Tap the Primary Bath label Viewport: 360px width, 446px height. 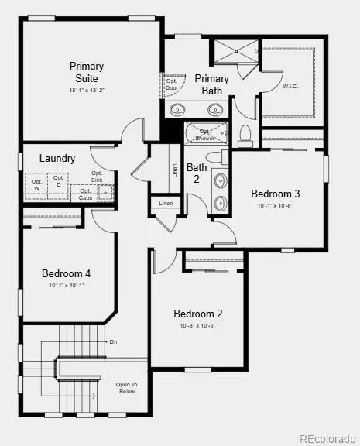click(x=211, y=84)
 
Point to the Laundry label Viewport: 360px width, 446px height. click(x=58, y=158)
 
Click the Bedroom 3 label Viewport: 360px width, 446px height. click(x=275, y=194)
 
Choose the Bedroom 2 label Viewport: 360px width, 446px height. click(x=197, y=314)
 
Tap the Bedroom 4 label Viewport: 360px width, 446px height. click(x=66, y=273)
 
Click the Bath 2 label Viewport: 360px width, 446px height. click(x=197, y=172)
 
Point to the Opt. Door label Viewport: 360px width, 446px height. click(x=170, y=83)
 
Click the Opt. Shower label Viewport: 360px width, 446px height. click(x=205, y=134)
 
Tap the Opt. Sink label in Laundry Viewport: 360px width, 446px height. click(x=97, y=177)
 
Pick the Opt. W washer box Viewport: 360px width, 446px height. click(x=36, y=185)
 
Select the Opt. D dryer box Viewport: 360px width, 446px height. click(x=57, y=184)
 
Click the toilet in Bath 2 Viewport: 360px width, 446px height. click(x=246, y=136)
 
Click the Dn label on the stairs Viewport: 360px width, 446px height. click(x=113, y=341)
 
